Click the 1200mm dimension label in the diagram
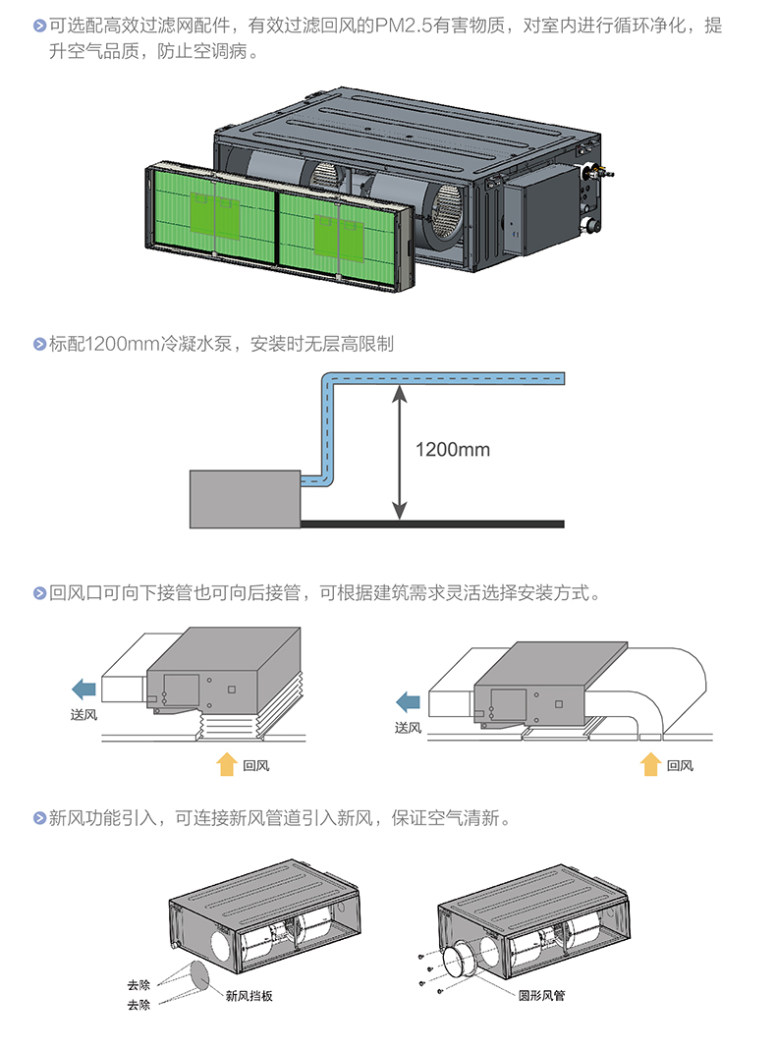[452, 450]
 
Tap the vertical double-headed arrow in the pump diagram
[399, 452]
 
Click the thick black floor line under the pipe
[431, 524]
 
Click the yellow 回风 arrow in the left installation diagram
[226, 763]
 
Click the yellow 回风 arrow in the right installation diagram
[649, 764]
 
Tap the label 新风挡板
[249, 996]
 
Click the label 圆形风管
[542, 996]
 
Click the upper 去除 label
[139, 985]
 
